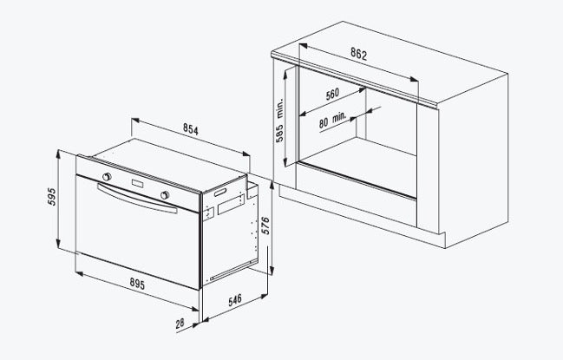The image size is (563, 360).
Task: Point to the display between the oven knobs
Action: point(136,184)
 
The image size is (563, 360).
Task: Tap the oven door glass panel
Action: point(130,243)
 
